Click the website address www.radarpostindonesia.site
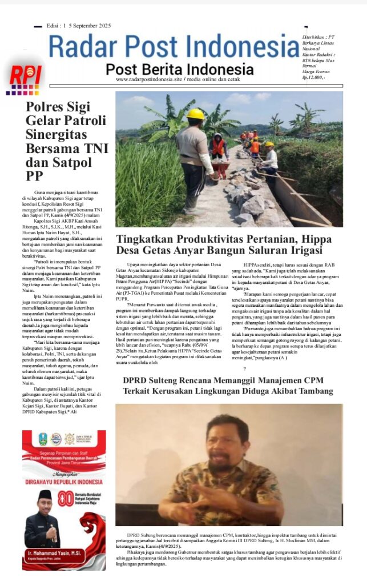click(x=154, y=79)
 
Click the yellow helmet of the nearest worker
click(x=196, y=114)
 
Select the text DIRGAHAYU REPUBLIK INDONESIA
click(x=63, y=482)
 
